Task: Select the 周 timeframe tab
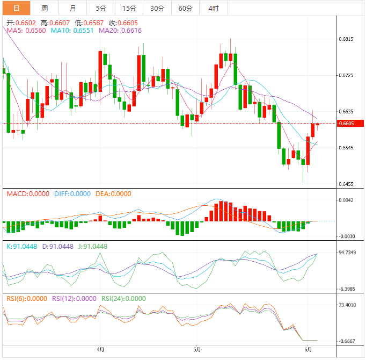click(45, 8)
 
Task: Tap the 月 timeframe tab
click(72, 8)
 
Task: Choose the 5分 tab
click(101, 8)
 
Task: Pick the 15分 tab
click(129, 8)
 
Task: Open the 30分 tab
click(157, 8)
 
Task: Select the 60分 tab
click(185, 8)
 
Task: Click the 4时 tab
click(213, 8)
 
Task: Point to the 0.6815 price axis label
click(347, 40)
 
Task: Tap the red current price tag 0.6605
click(347, 124)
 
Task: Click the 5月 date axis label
click(197, 349)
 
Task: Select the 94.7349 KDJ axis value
click(349, 252)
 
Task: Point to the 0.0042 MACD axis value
click(347, 200)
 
